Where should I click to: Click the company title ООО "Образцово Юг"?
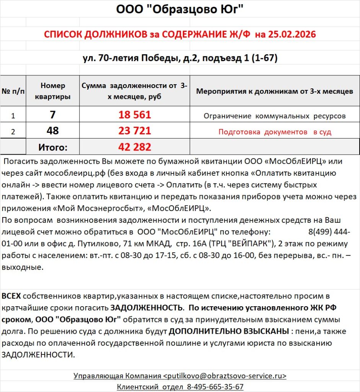(180, 9)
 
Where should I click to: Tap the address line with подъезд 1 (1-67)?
(180, 58)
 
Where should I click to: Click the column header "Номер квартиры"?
(53, 91)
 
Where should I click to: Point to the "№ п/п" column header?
(13, 91)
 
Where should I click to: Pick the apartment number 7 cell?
(53, 115)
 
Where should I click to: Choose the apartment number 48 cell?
(53, 131)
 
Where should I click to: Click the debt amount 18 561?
(135, 115)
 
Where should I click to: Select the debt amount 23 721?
(135, 131)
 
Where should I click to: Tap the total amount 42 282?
(135, 147)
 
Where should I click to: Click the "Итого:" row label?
(53, 147)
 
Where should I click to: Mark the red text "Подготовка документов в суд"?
(275, 132)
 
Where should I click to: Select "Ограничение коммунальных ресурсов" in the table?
(275, 116)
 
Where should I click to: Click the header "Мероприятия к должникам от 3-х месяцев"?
(275, 91)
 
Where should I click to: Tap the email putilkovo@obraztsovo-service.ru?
(225, 376)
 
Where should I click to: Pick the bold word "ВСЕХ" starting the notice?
(11, 296)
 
